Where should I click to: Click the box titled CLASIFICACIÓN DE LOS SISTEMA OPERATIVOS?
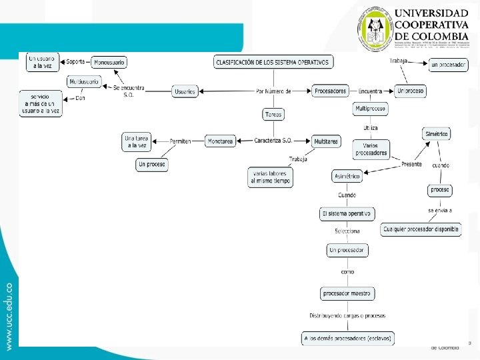273,62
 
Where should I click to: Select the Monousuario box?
109,62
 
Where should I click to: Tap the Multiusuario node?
85,82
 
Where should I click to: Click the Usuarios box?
185,91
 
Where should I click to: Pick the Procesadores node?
330,91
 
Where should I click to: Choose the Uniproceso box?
411,90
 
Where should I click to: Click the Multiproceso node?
371,108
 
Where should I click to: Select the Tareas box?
273,114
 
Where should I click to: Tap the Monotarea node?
220,141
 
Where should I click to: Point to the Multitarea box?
326,141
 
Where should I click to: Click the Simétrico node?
437,134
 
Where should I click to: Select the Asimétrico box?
347,176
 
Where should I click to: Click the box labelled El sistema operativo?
347,214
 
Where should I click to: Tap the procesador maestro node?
348,293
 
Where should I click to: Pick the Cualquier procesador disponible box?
421,229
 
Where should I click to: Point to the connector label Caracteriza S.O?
273,141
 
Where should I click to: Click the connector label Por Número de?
273,91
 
